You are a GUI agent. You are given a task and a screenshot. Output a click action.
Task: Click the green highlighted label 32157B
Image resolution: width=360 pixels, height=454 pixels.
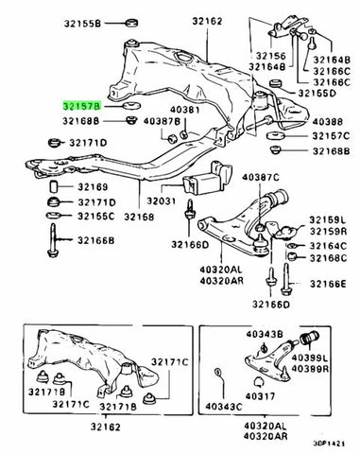(x=81, y=106)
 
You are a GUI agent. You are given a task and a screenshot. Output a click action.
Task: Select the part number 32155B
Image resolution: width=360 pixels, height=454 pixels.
(x=82, y=24)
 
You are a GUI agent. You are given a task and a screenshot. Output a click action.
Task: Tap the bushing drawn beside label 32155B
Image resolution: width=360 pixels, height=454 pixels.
(x=131, y=23)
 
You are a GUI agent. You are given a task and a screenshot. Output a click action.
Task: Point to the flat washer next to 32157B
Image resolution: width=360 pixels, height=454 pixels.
(x=131, y=106)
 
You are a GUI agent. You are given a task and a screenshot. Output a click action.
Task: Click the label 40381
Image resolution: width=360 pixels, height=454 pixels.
(x=185, y=110)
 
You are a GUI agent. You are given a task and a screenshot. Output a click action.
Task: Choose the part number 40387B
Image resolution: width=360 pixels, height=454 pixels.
(x=162, y=121)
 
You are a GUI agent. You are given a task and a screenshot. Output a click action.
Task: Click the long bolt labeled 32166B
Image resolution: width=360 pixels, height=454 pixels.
(x=53, y=240)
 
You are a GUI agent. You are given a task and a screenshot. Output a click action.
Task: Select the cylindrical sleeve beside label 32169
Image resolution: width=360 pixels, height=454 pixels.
(x=54, y=186)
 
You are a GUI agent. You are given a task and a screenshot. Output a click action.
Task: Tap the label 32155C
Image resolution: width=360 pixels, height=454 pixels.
(x=96, y=217)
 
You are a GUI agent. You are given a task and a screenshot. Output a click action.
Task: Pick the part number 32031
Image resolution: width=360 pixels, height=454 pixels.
(x=161, y=201)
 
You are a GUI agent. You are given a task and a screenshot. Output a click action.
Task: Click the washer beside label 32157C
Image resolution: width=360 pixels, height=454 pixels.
(x=276, y=136)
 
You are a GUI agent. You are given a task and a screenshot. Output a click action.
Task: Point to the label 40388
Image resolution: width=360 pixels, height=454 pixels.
(x=327, y=121)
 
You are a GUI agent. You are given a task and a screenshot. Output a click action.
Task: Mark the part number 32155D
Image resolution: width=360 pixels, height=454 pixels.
(x=317, y=94)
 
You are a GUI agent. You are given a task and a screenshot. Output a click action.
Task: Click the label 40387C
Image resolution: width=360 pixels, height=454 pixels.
(x=261, y=178)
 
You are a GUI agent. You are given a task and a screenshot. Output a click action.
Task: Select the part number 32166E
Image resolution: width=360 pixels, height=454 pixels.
(x=328, y=284)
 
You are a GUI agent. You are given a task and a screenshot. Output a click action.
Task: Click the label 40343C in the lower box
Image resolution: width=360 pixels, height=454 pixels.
(x=224, y=407)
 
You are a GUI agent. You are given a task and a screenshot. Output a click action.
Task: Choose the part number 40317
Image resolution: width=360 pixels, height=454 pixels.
(x=260, y=395)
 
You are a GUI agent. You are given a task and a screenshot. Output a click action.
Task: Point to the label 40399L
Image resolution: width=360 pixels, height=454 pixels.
(x=310, y=358)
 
